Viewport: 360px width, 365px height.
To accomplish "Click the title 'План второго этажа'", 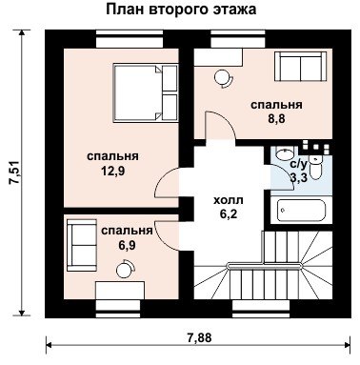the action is [x=181, y=10].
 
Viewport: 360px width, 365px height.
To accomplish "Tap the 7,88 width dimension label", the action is [x=199, y=337].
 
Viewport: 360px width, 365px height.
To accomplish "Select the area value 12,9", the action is [x=113, y=172].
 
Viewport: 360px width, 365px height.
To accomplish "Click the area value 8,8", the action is [x=276, y=119].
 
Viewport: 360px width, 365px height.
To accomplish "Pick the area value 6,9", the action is [x=127, y=245].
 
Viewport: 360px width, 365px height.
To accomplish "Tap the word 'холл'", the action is [x=229, y=200].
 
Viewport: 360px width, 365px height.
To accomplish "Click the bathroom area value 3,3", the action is [x=299, y=177].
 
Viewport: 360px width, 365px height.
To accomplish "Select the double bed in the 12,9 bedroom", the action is [x=146, y=92].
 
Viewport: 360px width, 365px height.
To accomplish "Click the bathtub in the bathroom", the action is [x=301, y=211].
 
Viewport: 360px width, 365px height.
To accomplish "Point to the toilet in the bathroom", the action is [x=316, y=169].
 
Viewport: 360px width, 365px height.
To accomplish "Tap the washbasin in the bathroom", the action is [x=284, y=154].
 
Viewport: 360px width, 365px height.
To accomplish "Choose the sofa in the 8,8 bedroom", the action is [x=300, y=68].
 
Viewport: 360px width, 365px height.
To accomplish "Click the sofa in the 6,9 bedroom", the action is [x=82, y=245].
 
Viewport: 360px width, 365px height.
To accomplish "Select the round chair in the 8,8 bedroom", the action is [x=224, y=78].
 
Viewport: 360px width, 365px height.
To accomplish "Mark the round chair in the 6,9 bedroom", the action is [x=126, y=269].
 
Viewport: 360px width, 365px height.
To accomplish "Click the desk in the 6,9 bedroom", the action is [x=120, y=290].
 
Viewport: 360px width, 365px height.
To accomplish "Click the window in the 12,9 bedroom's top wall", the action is [x=130, y=39].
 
